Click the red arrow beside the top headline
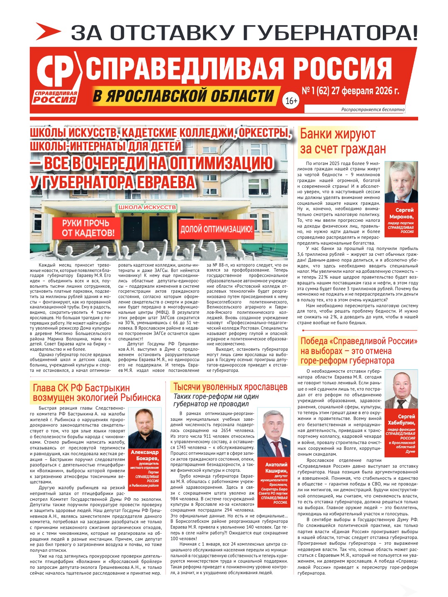point(48,32)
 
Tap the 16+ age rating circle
point(291,101)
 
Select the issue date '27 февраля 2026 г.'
point(365,91)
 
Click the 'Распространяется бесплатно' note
point(373,109)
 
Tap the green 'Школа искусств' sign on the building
point(147,207)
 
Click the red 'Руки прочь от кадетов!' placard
point(88,228)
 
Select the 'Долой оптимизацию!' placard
point(216,229)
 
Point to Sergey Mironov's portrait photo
point(401,182)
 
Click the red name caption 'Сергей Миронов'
point(401,214)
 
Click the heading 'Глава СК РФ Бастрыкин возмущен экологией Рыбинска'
point(96,393)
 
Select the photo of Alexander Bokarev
point(145,428)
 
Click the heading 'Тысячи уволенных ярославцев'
point(230,387)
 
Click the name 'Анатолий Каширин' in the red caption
point(276,468)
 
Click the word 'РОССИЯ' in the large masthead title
point(343,69)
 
